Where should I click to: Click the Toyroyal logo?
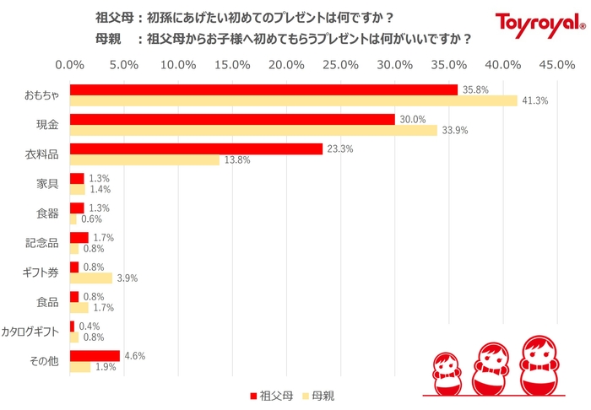535,25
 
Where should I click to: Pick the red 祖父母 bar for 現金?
232,119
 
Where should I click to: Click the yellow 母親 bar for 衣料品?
144,159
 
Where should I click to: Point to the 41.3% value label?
535,100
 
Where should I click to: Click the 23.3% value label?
340,148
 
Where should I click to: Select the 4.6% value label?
134,356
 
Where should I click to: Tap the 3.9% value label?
127,278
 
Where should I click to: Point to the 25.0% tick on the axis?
341,65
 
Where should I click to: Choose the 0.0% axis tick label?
69,65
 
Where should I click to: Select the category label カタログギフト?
31,332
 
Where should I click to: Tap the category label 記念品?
41,244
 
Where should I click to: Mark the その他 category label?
43,361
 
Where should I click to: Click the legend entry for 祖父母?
271,395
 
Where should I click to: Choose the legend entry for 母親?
322,395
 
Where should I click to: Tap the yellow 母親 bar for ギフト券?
90,278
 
